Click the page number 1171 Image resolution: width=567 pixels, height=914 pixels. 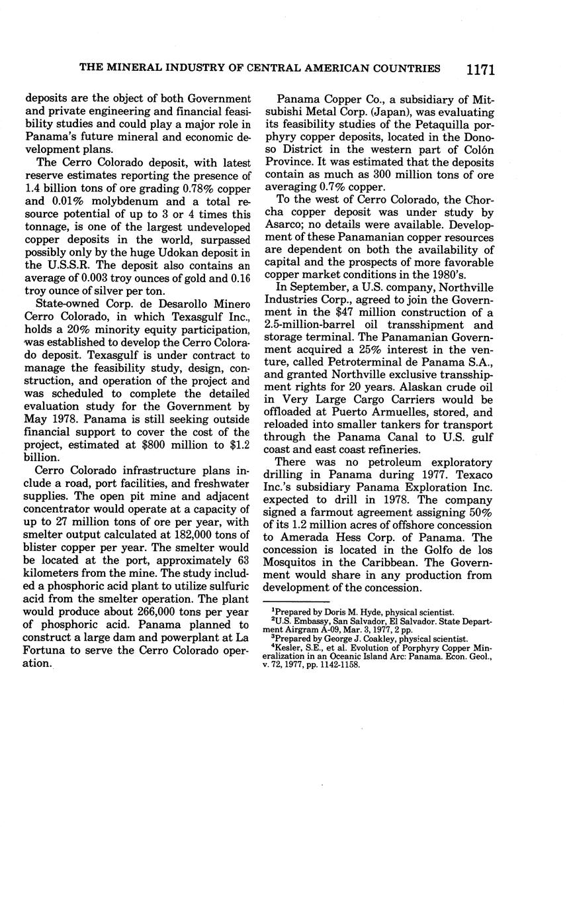click(480, 69)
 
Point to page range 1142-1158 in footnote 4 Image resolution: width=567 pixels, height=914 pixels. click(337, 664)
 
